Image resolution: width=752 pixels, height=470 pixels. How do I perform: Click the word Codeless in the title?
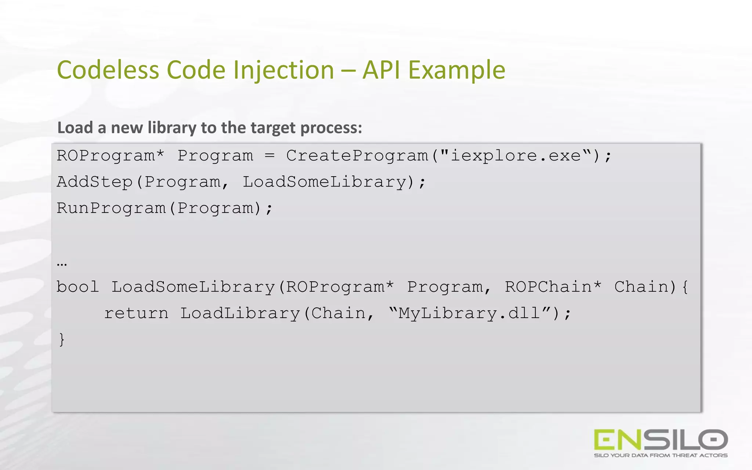[x=108, y=70]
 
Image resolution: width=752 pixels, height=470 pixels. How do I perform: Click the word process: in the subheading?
[x=331, y=128]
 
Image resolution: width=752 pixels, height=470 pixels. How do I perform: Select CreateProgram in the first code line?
[x=357, y=156]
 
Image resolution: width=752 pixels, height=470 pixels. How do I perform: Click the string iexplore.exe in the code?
[x=516, y=156]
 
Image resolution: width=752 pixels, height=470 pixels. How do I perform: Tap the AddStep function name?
[x=94, y=182]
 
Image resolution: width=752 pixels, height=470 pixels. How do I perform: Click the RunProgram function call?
[x=111, y=209]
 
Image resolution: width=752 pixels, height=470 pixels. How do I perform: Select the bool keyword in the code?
[x=77, y=287]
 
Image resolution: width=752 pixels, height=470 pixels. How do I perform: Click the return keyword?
[x=136, y=314]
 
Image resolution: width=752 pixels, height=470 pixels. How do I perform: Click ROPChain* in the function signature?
[x=553, y=287]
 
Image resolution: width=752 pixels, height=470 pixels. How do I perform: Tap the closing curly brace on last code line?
[x=62, y=339]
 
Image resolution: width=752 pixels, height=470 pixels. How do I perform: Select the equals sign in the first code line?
[x=270, y=156]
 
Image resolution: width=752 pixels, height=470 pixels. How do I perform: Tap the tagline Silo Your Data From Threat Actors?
[x=661, y=455]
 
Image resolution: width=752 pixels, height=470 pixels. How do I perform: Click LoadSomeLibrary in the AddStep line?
[x=324, y=182]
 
